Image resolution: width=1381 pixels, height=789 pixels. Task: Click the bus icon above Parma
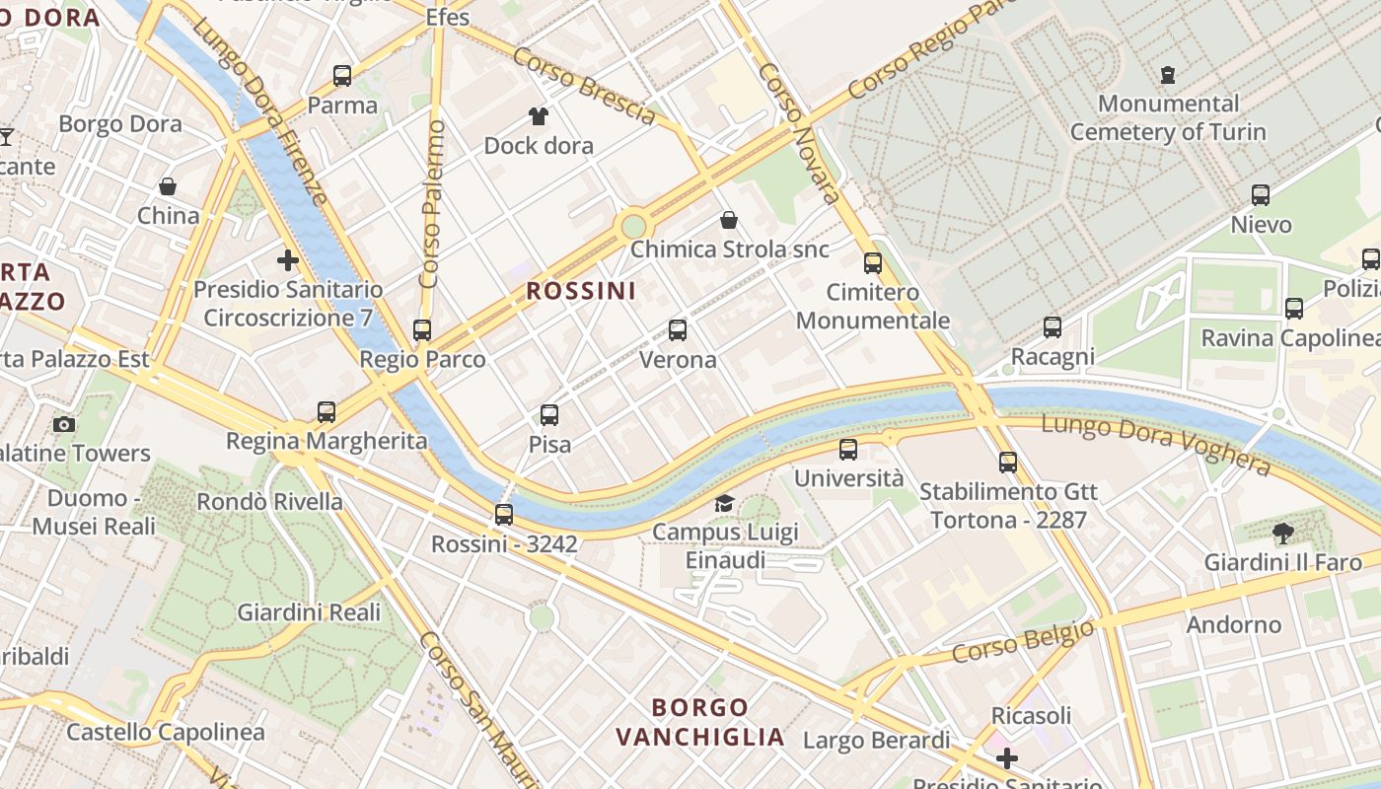click(x=342, y=75)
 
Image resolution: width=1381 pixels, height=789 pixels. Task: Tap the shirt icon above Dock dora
click(x=538, y=116)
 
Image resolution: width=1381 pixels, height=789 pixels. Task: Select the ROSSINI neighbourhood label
click(x=581, y=291)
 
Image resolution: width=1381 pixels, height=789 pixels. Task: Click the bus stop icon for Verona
click(x=678, y=329)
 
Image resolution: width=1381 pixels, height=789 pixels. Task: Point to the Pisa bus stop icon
click(x=549, y=415)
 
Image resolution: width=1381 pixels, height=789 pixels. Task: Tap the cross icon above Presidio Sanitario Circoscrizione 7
click(x=288, y=260)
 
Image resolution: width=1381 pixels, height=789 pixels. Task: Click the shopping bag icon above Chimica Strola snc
click(x=729, y=219)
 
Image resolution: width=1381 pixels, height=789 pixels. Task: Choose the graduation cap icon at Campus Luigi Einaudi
click(x=724, y=504)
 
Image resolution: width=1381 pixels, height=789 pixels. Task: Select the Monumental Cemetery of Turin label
click(x=1168, y=117)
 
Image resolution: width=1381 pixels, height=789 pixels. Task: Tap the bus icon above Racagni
click(x=1053, y=326)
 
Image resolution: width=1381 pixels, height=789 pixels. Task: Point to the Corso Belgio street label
click(x=1023, y=642)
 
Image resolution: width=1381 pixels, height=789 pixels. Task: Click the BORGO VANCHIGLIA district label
click(x=700, y=722)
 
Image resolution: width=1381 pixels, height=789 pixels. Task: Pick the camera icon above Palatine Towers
click(x=64, y=424)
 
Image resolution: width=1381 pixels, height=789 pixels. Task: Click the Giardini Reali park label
click(x=309, y=612)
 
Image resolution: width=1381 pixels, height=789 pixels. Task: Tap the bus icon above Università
click(x=848, y=450)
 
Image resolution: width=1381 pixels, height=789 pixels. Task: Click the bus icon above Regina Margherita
click(x=327, y=411)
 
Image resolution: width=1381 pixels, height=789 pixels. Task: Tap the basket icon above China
click(x=168, y=186)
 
